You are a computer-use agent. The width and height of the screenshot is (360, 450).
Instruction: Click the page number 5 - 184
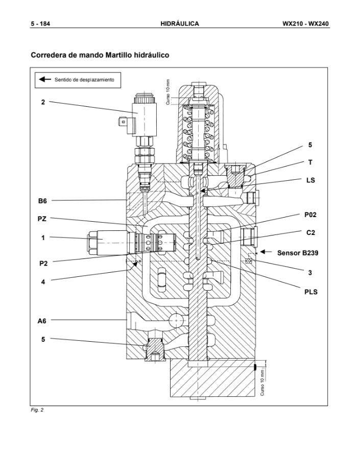pos(40,23)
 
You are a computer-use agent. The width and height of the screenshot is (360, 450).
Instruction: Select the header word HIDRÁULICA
pos(179,23)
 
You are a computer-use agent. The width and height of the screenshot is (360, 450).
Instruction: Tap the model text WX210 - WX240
pos(305,23)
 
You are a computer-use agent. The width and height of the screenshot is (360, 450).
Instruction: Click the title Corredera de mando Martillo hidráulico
pos(100,54)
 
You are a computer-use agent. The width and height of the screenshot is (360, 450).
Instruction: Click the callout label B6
pos(42,201)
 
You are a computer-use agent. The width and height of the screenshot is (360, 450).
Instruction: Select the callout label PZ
pos(42,219)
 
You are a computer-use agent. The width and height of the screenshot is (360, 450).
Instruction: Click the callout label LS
pos(310,180)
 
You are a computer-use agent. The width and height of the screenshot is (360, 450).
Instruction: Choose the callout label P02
pos(310,215)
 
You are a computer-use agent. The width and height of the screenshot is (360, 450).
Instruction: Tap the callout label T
pos(310,162)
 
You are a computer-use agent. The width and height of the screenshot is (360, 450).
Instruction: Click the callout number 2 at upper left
pos(43,102)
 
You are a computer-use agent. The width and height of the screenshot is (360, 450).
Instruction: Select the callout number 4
pos(43,280)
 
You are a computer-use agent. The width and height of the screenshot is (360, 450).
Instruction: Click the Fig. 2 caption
pos(37,410)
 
